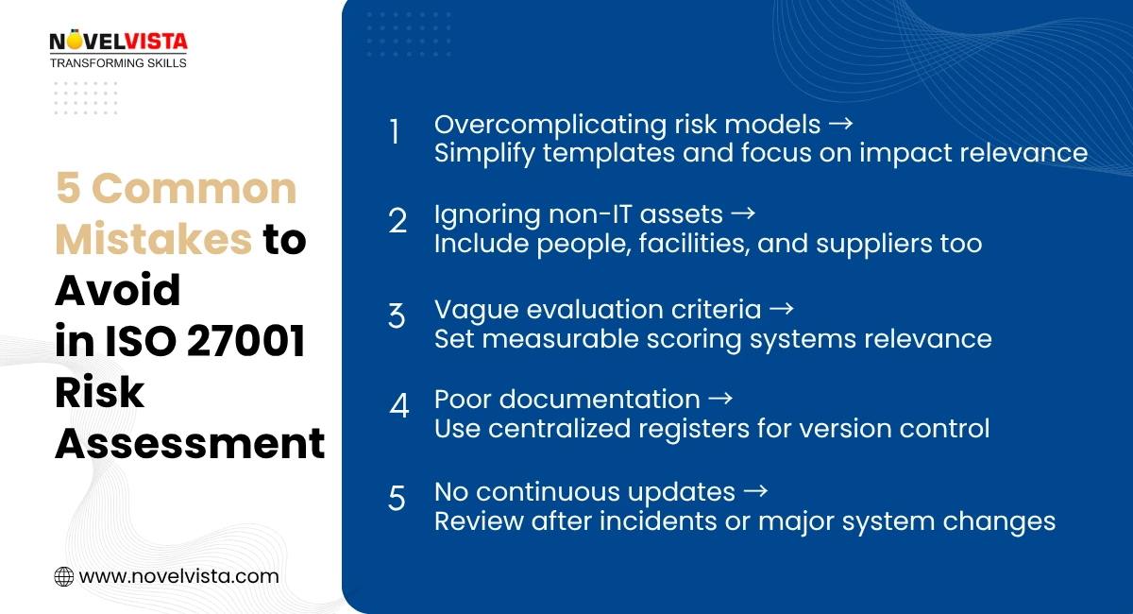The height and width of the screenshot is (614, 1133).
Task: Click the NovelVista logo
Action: (118, 42)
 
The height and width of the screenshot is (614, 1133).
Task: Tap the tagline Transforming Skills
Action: (118, 62)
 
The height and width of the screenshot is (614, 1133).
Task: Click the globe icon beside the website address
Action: (64, 576)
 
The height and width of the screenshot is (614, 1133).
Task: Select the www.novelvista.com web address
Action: (178, 576)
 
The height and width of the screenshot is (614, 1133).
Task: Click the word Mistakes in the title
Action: (153, 240)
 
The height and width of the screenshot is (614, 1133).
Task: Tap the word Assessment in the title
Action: (189, 444)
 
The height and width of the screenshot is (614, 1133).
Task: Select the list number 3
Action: (397, 316)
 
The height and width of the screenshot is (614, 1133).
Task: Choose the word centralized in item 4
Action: (568, 429)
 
